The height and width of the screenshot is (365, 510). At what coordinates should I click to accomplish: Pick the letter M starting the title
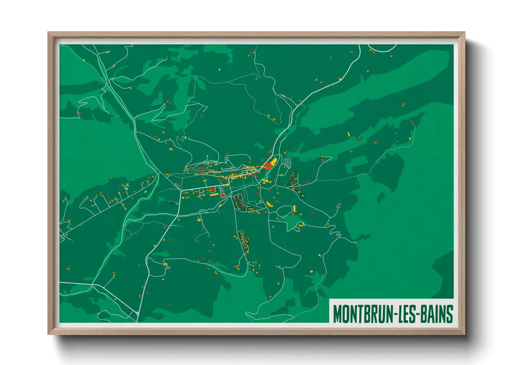(x=337, y=314)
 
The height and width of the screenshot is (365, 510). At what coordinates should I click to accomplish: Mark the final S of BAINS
(x=449, y=314)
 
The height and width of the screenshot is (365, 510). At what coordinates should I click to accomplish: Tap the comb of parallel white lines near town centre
(x=287, y=162)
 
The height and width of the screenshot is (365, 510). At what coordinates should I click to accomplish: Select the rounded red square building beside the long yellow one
(x=223, y=196)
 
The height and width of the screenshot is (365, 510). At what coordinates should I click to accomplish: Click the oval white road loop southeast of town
(x=285, y=211)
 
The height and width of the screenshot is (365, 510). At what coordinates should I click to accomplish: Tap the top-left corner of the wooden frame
(x=49, y=33)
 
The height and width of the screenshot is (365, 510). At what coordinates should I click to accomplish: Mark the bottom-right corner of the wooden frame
(x=464, y=334)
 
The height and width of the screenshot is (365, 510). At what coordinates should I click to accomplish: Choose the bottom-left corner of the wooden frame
(x=49, y=334)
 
